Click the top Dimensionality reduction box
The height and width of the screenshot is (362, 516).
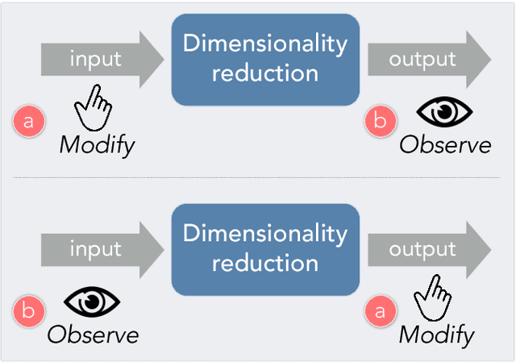(264, 59)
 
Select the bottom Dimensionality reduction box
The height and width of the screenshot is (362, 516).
(264, 248)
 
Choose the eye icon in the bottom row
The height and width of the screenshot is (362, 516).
(91, 302)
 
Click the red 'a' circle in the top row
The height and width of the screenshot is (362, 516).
(29, 122)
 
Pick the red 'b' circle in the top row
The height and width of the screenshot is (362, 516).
(380, 122)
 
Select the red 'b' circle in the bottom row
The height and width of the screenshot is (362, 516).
(29, 311)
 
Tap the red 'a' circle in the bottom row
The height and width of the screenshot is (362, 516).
(380, 311)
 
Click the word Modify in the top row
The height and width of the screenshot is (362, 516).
(97, 146)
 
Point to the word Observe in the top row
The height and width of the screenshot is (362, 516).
(445, 145)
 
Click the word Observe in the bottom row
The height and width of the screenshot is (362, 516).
(93, 335)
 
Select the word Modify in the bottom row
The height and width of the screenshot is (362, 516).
(436, 335)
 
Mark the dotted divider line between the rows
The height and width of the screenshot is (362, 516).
(258, 178)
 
